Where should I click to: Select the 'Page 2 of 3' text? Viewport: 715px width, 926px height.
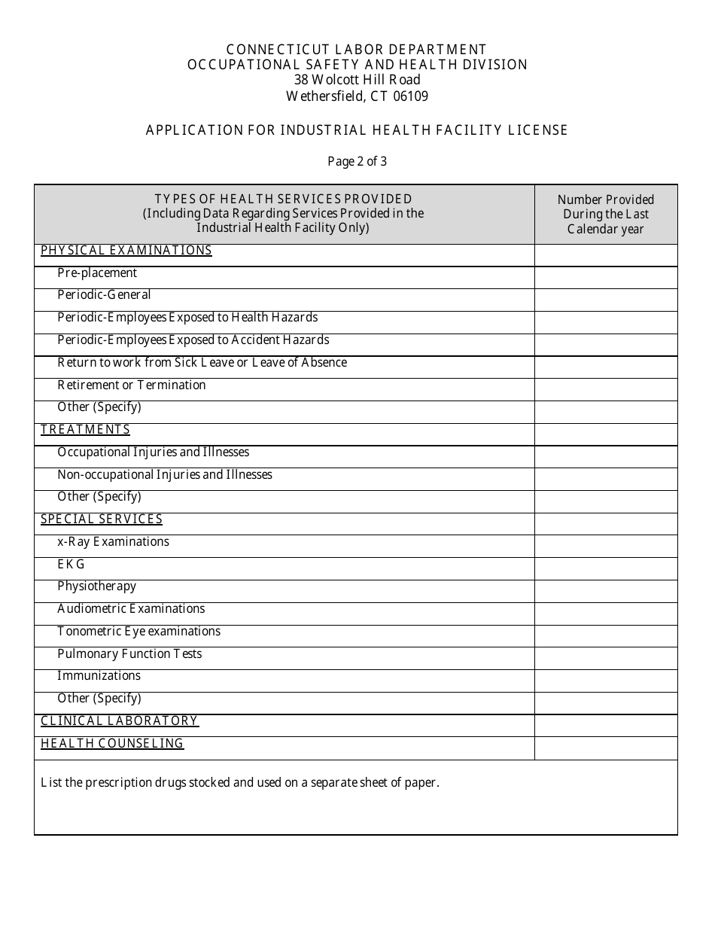[357, 161]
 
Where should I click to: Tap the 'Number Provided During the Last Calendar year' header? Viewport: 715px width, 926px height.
[606, 215]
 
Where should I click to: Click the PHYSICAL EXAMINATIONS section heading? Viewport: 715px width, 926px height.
[126, 251]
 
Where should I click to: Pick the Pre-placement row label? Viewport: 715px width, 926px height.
[97, 273]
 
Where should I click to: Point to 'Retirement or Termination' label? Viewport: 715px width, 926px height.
[132, 385]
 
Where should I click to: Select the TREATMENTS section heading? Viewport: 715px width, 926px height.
[85, 430]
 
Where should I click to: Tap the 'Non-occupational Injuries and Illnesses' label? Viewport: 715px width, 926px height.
[165, 475]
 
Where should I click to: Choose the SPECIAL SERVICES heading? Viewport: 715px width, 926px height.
[102, 519]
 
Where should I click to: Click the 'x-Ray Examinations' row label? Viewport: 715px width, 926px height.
[114, 542]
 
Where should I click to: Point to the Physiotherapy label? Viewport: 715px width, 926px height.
[97, 586]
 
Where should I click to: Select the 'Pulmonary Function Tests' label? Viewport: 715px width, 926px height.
[129, 654]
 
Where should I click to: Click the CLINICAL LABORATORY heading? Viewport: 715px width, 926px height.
[120, 721]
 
